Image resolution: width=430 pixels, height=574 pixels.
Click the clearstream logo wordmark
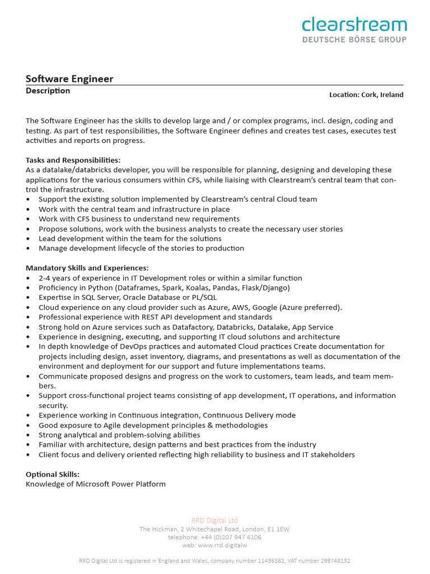(x=354, y=25)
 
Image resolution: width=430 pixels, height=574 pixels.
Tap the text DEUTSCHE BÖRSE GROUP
(x=354, y=39)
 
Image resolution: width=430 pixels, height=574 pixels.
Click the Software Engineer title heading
(x=69, y=79)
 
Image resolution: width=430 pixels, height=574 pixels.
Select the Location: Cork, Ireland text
(x=366, y=95)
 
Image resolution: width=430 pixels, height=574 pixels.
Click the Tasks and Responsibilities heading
(x=73, y=160)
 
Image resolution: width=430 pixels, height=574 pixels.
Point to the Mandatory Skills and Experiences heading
(x=87, y=268)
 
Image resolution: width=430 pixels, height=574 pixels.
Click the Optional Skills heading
(x=53, y=474)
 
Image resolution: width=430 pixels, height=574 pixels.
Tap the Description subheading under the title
(x=48, y=91)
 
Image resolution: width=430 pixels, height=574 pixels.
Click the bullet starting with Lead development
(x=130, y=238)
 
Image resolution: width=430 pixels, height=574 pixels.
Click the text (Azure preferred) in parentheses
(x=311, y=307)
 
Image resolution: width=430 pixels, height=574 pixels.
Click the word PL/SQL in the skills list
(x=204, y=298)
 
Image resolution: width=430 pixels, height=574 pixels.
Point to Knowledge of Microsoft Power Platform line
(x=96, y=484)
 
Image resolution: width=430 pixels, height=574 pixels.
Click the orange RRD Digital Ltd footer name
(x=215, y=520)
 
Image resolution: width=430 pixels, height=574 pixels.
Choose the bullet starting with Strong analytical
(x=119, y=435)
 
